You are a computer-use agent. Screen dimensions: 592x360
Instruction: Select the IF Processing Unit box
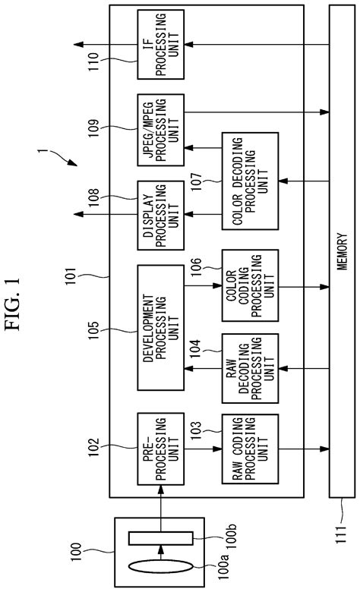click(x=160, y=44)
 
